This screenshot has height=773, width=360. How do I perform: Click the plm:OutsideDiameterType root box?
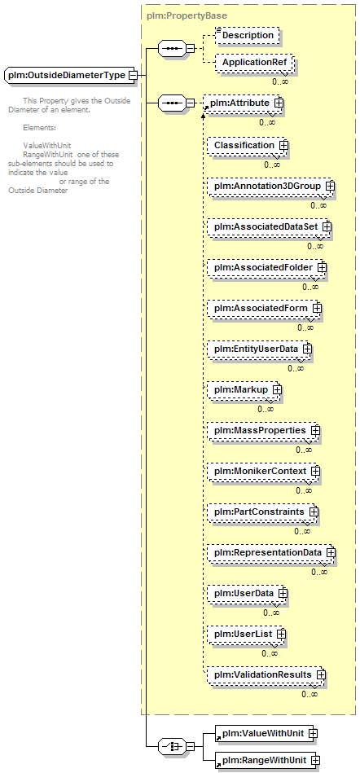(x=71, y=76)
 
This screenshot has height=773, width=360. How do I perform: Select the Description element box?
(x=248, y=36)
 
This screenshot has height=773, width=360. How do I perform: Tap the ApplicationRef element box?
(x=254, y=63)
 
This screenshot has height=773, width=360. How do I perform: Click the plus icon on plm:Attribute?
(x=279, y=103)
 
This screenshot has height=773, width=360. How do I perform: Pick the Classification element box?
(x=247, y=146)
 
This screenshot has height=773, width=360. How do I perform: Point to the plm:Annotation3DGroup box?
(x=270, y=187)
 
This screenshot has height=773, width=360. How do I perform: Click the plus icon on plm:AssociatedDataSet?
(x=327, y=226)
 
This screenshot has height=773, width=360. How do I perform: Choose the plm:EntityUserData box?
(x=259, y=349)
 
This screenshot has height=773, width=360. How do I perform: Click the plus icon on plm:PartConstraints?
(x=313, y=512)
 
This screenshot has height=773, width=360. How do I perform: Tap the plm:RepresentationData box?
(x=270, y=552)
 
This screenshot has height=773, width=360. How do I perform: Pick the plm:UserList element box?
(x=246, y=634)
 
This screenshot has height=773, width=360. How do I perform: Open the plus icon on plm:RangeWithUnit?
(x=315, y=760)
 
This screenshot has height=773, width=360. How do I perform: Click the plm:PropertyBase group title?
(x=187, y=15)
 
